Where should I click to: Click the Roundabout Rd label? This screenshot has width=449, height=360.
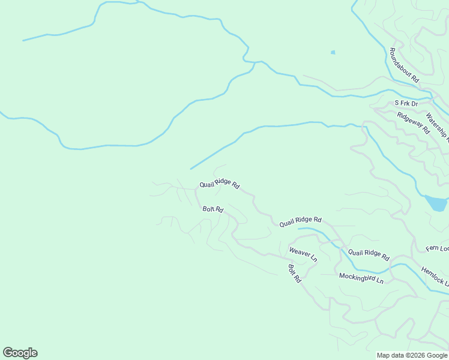point(403,65)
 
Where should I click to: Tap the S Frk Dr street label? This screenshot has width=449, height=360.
point(406,103)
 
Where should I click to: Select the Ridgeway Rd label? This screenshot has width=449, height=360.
point(414,123)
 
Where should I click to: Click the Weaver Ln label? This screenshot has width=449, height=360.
point(303,254)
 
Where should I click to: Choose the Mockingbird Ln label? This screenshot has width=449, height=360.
point(361,278)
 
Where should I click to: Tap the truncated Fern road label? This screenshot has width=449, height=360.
point(437,248)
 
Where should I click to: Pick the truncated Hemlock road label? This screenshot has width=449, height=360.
point(434,277)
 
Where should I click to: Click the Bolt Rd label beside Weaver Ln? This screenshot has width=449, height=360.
point(294,274)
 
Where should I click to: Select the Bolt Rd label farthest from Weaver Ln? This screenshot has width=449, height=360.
point(213,209)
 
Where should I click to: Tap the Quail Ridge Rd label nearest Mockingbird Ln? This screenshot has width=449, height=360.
point(369,254)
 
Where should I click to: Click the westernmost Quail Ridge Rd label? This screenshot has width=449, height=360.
point(220,185)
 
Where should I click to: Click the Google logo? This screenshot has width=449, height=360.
point(20,353)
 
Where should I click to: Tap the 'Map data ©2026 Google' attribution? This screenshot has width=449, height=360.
point(412,355)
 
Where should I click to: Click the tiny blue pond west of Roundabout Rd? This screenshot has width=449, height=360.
point(333,53)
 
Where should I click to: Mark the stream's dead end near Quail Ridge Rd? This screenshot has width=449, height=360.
point(191,169)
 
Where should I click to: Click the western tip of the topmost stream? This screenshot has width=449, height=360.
point(23,40)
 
